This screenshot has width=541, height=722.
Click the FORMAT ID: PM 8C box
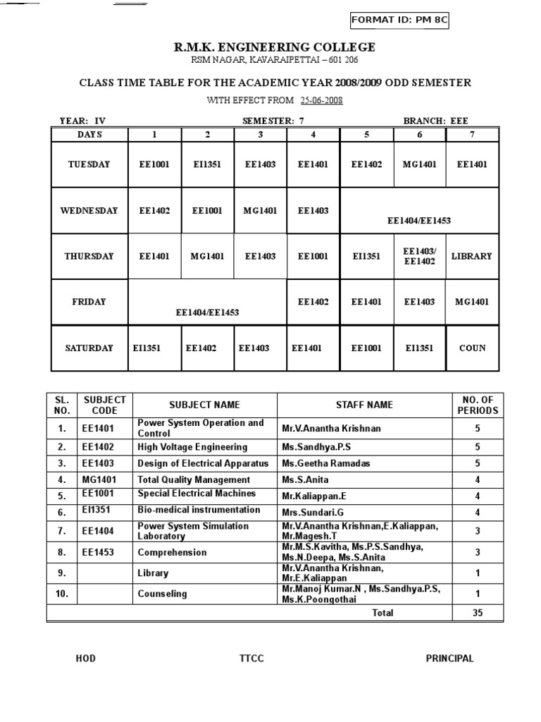398,20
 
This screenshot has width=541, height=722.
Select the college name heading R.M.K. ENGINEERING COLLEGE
275,47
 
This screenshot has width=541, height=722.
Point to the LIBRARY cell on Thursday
471,256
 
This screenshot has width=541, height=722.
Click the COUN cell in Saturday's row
472,348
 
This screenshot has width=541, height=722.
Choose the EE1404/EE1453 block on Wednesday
419,220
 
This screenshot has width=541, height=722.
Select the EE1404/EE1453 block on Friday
207,312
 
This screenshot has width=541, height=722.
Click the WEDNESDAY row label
89,210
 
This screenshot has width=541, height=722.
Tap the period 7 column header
472,134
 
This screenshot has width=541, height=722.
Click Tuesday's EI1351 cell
207,164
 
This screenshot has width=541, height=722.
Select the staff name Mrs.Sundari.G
313,512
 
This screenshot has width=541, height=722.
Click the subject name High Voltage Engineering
192,447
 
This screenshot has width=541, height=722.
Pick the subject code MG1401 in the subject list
99,479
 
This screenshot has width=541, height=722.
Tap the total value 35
478,613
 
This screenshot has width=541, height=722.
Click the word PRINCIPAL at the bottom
449,659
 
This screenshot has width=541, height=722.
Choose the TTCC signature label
251,659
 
